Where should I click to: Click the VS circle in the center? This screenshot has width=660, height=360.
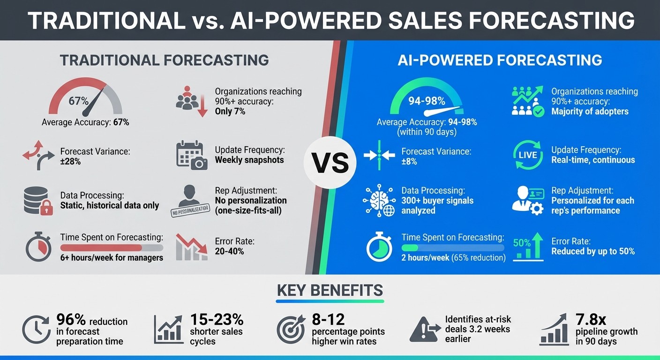pyautogui.click(x=330, y=163)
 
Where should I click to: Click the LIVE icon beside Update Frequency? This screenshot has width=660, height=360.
pyautogui.click(x=528, y=155)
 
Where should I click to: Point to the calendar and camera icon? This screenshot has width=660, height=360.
pyautogui.click(x=192, y=155)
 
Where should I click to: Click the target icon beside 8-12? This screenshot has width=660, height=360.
pyautogui.click(x=291, y=330)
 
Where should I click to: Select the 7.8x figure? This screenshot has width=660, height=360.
pyautogui.click(x=591, y=320)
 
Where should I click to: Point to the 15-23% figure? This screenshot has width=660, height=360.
pyautogui.click(x=217, y=320)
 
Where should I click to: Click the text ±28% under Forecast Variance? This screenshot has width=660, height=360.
pyautogui.click(x=71, y=162)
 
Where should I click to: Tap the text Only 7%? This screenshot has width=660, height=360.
pyautogui.click(x=230, y=111)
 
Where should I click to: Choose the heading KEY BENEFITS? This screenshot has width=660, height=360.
pyautogui.click(x=330, y=290)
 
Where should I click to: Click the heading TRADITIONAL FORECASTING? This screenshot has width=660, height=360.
pyautogui.click(x=164, y=60)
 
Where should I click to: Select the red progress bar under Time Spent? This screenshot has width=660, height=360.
pyautogui.click(x=101, y=247)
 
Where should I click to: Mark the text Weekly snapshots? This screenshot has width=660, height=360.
pyautogui.click(x=249, y=160)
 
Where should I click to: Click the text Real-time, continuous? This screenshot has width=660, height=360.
pyautogui.click(x=593, y=160)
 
